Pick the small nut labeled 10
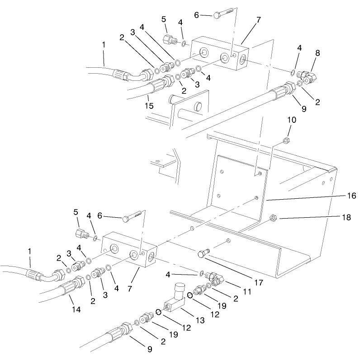(x=286, y=140)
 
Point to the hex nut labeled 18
(x=273, y=219)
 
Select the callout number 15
(x=149, y=106)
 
